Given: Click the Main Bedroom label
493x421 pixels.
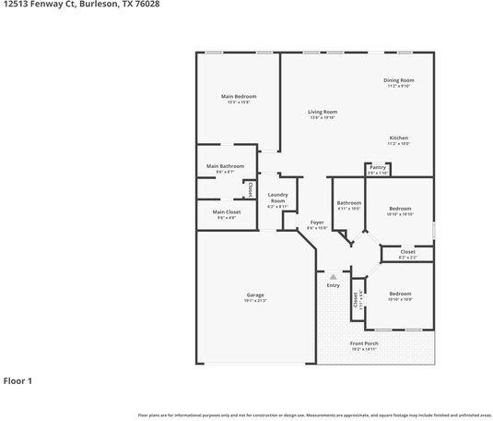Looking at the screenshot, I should click(238, 97).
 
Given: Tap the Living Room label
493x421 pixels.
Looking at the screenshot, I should click(323, 113).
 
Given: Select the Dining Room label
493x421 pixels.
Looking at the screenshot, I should click(398, 80).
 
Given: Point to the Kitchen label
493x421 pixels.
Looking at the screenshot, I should click(398, 138).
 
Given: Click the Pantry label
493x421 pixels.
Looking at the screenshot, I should click(378, 167).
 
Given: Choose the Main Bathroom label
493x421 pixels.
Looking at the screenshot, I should click(225, 166).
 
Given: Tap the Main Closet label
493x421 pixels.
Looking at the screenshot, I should click(225, 212).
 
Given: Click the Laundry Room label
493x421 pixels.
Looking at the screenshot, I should click(277, 198).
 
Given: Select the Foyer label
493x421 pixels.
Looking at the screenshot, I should click(316, 223).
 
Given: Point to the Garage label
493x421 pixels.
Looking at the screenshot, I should click(254, 295).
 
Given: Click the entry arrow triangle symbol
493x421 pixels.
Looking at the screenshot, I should click(333, 275).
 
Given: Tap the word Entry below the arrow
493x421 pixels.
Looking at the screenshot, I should click(333, 285).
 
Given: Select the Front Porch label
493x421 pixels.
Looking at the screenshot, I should click(363, 343).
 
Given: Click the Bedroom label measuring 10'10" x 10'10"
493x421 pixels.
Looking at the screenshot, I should click(399, 209).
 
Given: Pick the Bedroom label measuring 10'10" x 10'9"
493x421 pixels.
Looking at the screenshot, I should click(399, 294).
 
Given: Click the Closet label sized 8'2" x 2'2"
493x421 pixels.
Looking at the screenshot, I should click(407, 251).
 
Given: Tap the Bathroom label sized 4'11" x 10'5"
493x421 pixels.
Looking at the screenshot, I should click(348, 203).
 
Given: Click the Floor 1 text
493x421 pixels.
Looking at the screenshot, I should click(18, 379).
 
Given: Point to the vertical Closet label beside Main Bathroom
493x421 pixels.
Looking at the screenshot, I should click(249, 188).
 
